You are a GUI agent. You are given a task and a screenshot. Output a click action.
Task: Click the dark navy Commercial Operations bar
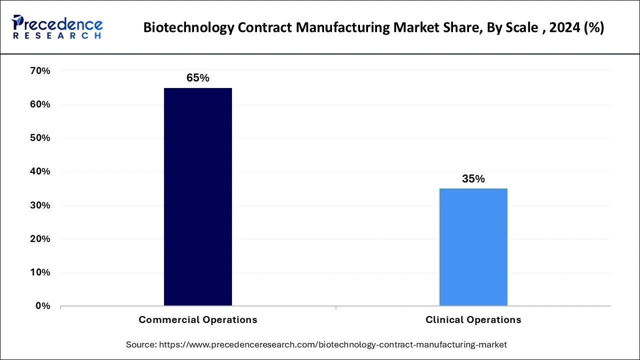click(x=198, y=196)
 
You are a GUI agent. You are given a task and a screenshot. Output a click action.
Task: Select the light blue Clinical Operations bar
click(x=473, y=246)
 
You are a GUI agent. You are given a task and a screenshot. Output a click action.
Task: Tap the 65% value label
click(x=197, y=78)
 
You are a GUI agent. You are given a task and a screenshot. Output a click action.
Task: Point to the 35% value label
click(x=473, y=179)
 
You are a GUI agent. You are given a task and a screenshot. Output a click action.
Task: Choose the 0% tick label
click(x=42, y=306)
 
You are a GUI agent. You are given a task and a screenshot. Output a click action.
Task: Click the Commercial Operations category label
click(x=198, y=319)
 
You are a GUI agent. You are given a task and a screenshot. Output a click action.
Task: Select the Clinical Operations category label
click(x=473, y=319)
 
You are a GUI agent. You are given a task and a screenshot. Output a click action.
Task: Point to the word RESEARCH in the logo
click(x=57, y=36)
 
